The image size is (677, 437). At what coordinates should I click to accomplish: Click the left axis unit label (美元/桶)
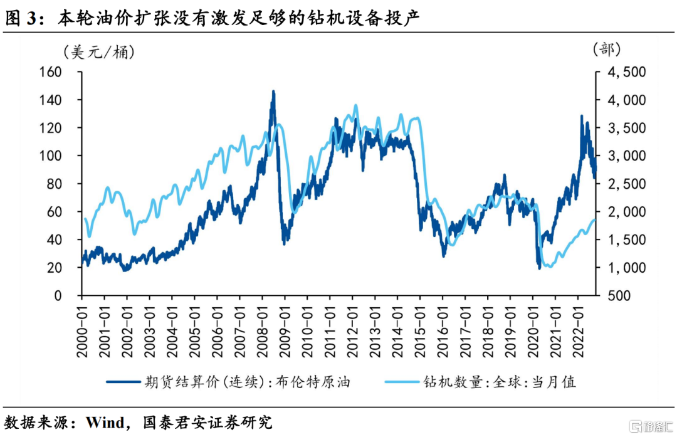tap(98, 52)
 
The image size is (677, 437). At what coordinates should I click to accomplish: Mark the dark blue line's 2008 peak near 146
tap(273, 92)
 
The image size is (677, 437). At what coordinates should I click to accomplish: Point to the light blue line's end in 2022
tap(594, 219)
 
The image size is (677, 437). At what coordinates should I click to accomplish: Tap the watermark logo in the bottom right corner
tap(649, 426)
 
